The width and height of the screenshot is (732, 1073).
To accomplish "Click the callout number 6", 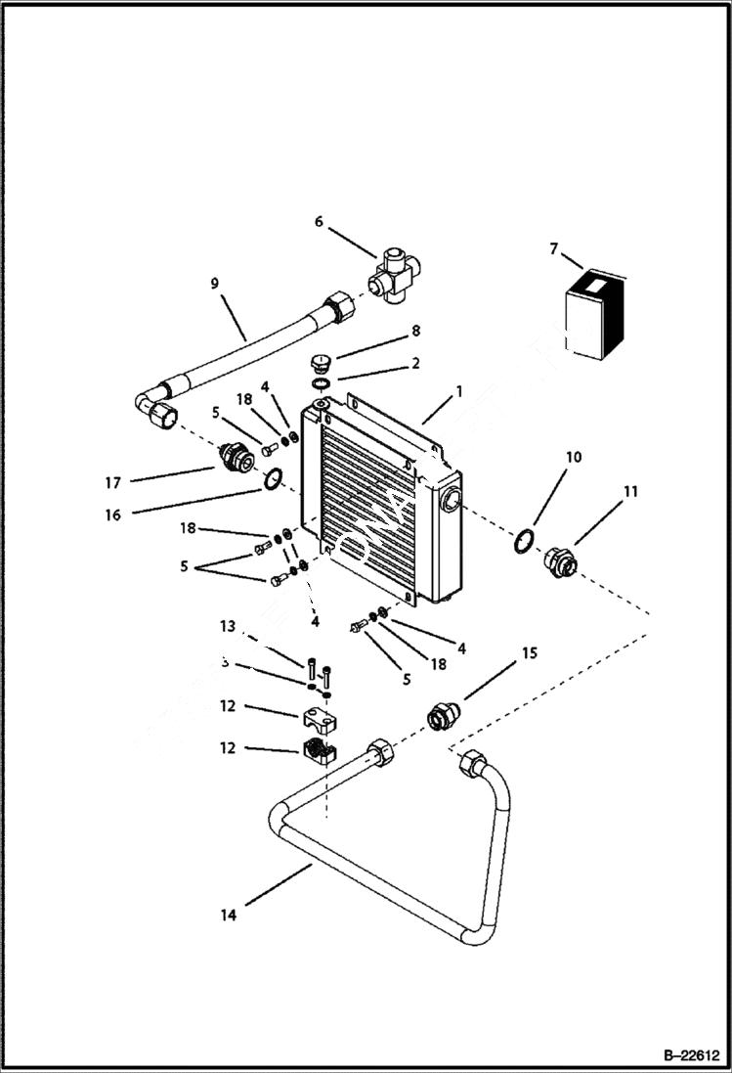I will click(318, 222).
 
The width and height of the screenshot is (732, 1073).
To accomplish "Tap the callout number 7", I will click(554, 249).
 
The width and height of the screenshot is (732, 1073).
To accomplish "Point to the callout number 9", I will click(215, 285).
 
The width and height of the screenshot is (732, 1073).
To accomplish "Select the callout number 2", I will click(415, 364).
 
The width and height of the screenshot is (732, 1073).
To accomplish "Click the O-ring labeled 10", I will click(525, 539).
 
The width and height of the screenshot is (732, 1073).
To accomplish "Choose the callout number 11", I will click(630, 492).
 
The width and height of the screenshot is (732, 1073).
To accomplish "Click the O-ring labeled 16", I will click(275, 478).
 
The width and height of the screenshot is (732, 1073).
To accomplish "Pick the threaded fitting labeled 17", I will click(234, 456).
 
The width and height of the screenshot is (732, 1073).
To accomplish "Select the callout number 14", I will click(228, 915).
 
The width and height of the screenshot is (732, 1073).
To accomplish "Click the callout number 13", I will click(228, 626).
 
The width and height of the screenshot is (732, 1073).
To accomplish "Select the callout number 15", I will click(529, 651).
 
